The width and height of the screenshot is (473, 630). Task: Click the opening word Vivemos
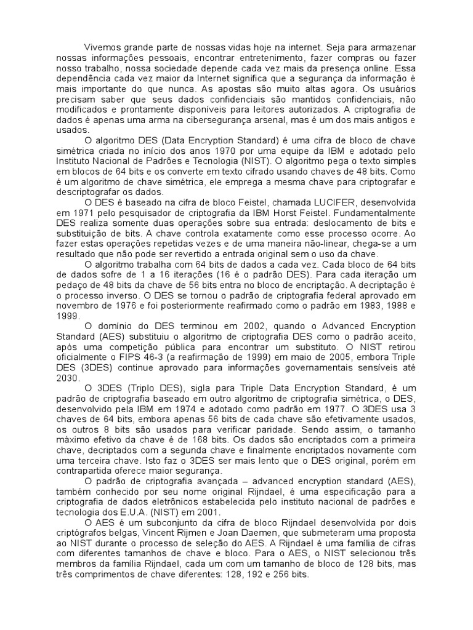102,47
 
